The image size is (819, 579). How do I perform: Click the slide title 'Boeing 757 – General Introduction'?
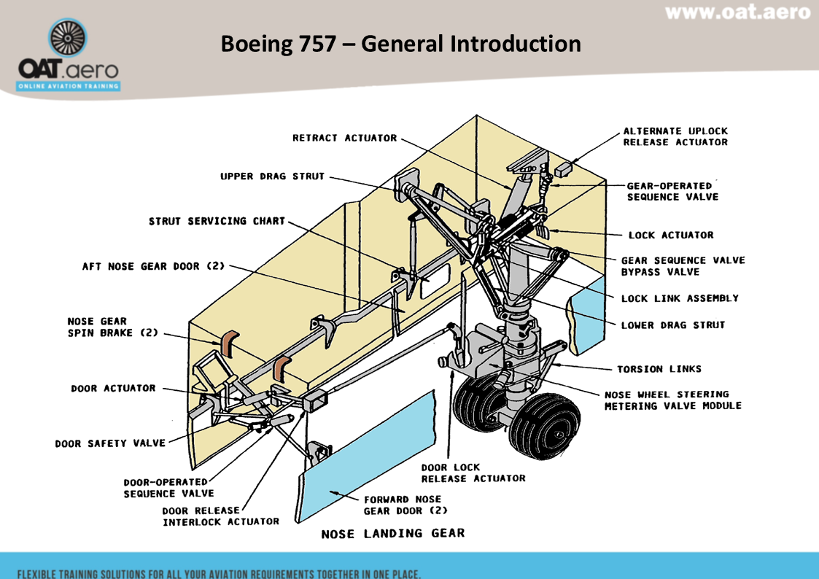point(400,44)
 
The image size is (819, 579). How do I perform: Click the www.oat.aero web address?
point(737,13)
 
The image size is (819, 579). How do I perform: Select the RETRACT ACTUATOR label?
point(344,138)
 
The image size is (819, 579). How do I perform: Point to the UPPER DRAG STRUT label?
point(272,176)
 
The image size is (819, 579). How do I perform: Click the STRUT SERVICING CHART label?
point(217,221)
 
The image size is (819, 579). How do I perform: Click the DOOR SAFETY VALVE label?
point(111,443)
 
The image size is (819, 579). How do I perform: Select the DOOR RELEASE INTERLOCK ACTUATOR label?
point(220,516)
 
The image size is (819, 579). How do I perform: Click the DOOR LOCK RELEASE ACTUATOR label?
point(473,473)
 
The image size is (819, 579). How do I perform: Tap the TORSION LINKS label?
point(659,369)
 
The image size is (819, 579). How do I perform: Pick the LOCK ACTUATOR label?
point(670,236)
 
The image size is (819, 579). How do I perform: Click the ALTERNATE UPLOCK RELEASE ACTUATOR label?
point(675,136)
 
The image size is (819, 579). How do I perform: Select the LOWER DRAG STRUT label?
point(672,325)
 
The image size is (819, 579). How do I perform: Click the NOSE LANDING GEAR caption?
point(392,534)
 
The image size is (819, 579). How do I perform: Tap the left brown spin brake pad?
point(229,343)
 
